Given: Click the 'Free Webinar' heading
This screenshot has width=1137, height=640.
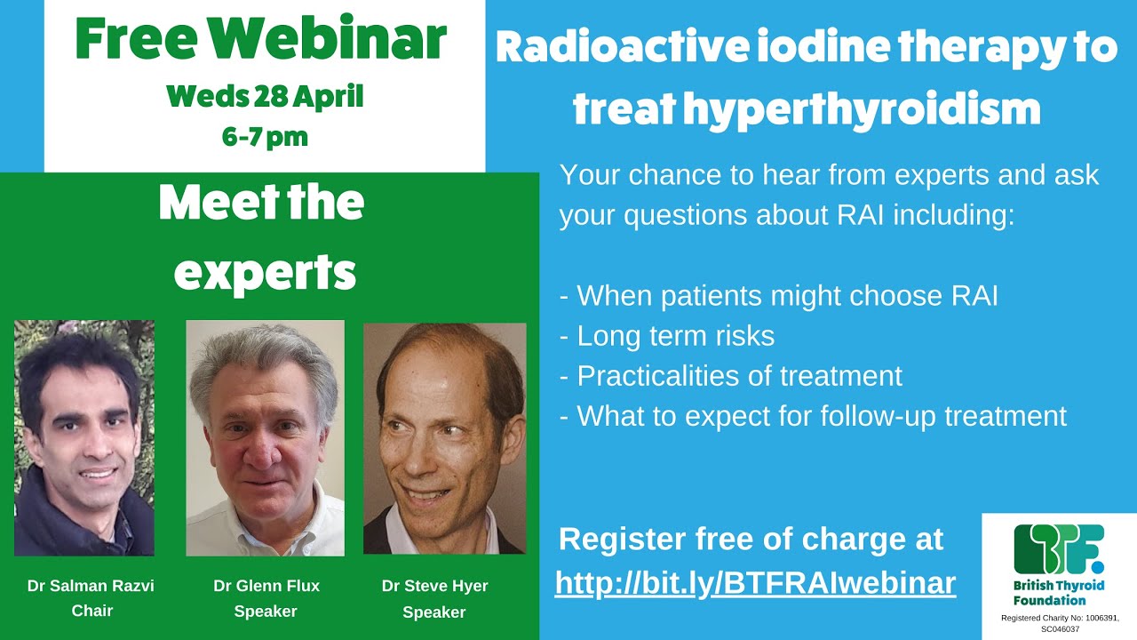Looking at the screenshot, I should pyautogui.click(x=260, y=39).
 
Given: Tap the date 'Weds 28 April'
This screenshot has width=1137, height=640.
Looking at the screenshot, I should pyautogui.click(x=265, y=96).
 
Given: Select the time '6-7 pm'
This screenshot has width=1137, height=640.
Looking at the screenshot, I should pyautogui.click(x=265, y=138).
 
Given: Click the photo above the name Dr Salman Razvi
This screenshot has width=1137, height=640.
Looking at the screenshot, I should pyautogui.click(x=84, y=437).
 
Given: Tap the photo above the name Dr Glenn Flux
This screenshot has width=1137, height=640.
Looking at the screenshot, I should pyautogui.click(x=265, y=437).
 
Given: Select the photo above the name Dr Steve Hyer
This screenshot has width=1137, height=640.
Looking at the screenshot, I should pyautogui.click(x=444, y=437).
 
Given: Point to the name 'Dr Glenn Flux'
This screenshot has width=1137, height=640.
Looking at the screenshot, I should pyautogui.click(x=266, y=586).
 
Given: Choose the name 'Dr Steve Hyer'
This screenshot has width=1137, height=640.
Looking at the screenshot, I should pyautogui.click(x=434, y=587).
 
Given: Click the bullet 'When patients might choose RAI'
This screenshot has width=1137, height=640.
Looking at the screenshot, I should pyautogui.click(x=778, y=296).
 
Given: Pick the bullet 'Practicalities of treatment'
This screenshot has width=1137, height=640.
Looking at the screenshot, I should pyautogui.click(x=730, y=376).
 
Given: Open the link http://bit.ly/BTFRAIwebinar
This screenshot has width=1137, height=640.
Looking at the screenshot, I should pyautogui.click(x=755, y=582).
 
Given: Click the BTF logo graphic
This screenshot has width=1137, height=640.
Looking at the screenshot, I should pyautogui.click(x=1059, y=549).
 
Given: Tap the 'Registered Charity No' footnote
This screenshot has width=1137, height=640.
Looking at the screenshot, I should pyautogui.click(x=1059, y=622).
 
